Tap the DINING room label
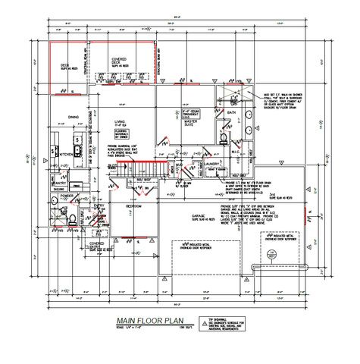[73, 117]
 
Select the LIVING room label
[120, 121]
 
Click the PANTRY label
[59, 183]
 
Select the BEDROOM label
[133, 206]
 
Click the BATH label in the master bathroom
[231, 113]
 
